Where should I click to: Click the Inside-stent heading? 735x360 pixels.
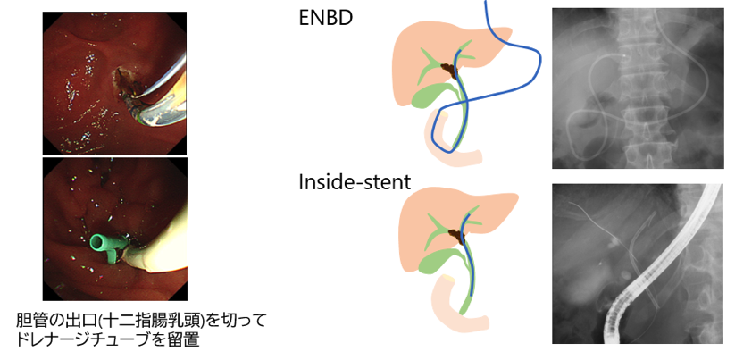click(x=355, y=183)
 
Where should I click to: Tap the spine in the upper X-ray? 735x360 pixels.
click(x=641, y=89)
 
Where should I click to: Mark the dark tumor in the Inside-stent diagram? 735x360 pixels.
click(x=457, y=234)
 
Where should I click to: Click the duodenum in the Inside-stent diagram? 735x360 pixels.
click(x=445, y=304)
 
